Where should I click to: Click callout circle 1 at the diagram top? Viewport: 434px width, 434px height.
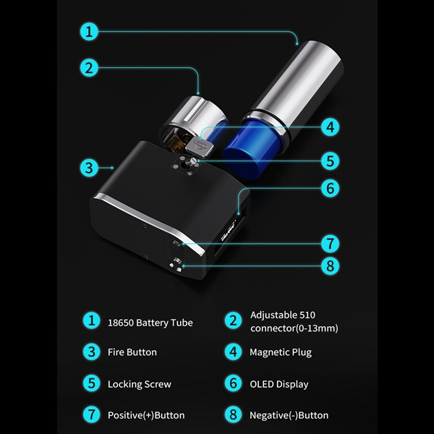click(89, 32)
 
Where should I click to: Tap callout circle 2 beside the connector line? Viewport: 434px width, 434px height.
click(89, 68)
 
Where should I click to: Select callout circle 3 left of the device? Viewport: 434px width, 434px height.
click(89, 168)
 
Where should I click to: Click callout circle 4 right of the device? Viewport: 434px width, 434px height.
click(331, 127)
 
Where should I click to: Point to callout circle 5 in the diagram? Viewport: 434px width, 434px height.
click(331, 161)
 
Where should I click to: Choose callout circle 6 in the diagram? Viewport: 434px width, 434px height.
click(331, 188)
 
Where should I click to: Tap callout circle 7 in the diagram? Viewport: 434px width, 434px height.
click(331, 244)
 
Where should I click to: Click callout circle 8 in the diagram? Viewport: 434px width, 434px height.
click(331, 266)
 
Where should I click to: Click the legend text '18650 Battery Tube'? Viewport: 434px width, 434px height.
click(150, 323)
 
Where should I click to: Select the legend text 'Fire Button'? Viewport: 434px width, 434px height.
click(132, 352)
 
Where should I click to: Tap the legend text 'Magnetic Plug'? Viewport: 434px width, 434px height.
click(281, 352)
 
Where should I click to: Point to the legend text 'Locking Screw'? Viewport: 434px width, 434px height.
click(140, 384)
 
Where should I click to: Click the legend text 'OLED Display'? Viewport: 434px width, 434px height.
click(279, 384)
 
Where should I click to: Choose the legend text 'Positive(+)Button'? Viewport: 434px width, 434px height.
click(146, 415)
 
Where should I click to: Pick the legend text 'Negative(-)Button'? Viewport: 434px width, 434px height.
click(289, 415)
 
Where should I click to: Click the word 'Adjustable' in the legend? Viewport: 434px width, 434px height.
click(270, 315)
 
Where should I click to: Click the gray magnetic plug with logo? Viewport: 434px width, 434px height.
click(200, 145)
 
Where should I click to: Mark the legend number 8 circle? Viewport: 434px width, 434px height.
click(233, 415)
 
